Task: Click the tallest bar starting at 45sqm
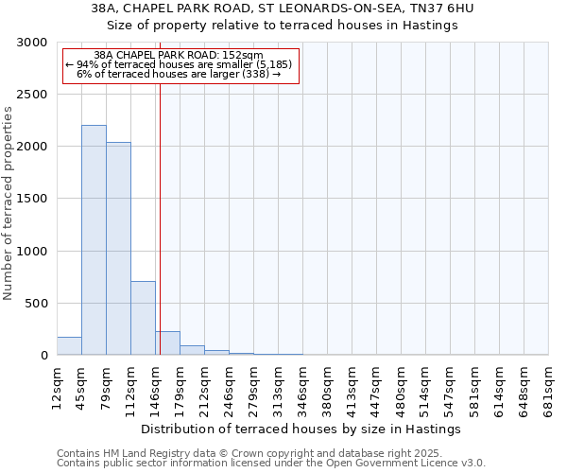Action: (x=94, y=240)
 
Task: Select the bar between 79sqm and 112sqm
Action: (x=118, y=249)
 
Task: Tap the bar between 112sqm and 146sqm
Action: (x=143, y=318)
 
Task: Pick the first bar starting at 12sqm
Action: (x=69, y=346)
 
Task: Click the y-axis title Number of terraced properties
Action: (x=9, y=203)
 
